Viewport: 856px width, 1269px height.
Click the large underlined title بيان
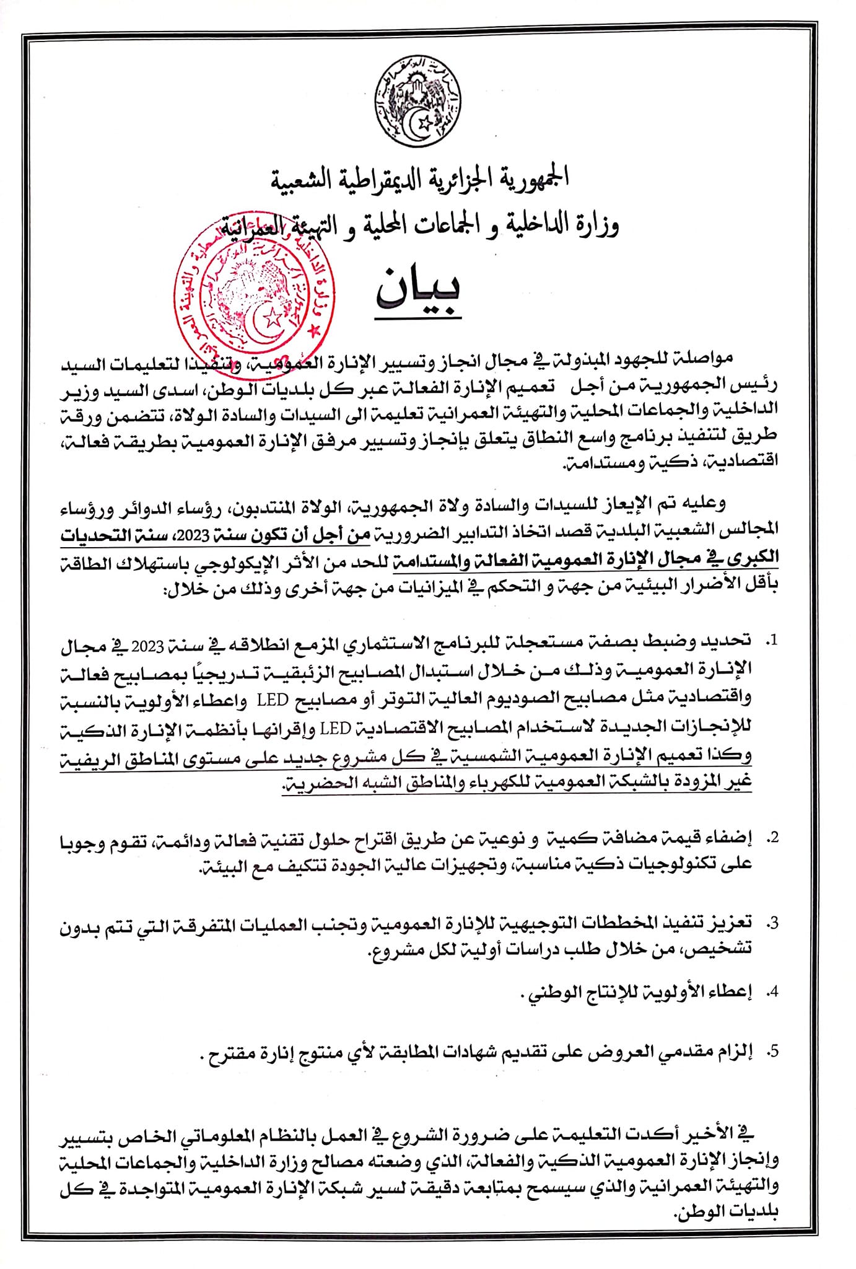coord(419,292)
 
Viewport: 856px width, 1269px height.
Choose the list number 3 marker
coord(771,923)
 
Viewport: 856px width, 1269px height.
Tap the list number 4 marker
coord(771,992)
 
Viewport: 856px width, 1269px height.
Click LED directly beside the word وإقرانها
coord(335,728)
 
